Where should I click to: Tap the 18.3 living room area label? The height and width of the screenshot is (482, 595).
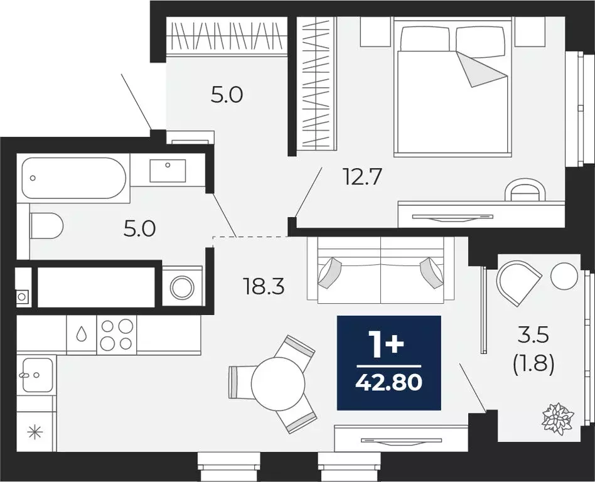(x=264, y=287)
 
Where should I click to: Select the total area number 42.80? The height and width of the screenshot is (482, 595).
(x=389, y=381)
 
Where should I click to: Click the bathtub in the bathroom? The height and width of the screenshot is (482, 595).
(x=73, y=178)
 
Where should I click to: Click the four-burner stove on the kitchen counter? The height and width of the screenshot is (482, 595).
(x=117, y=335)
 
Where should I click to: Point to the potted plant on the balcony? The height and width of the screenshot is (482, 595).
(x=558, y=418)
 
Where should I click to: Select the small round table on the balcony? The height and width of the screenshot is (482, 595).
(x=564, y=275)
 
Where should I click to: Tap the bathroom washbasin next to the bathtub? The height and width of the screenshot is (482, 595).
(x=168, y=170)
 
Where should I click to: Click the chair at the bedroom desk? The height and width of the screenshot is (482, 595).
(x=525, y=189)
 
